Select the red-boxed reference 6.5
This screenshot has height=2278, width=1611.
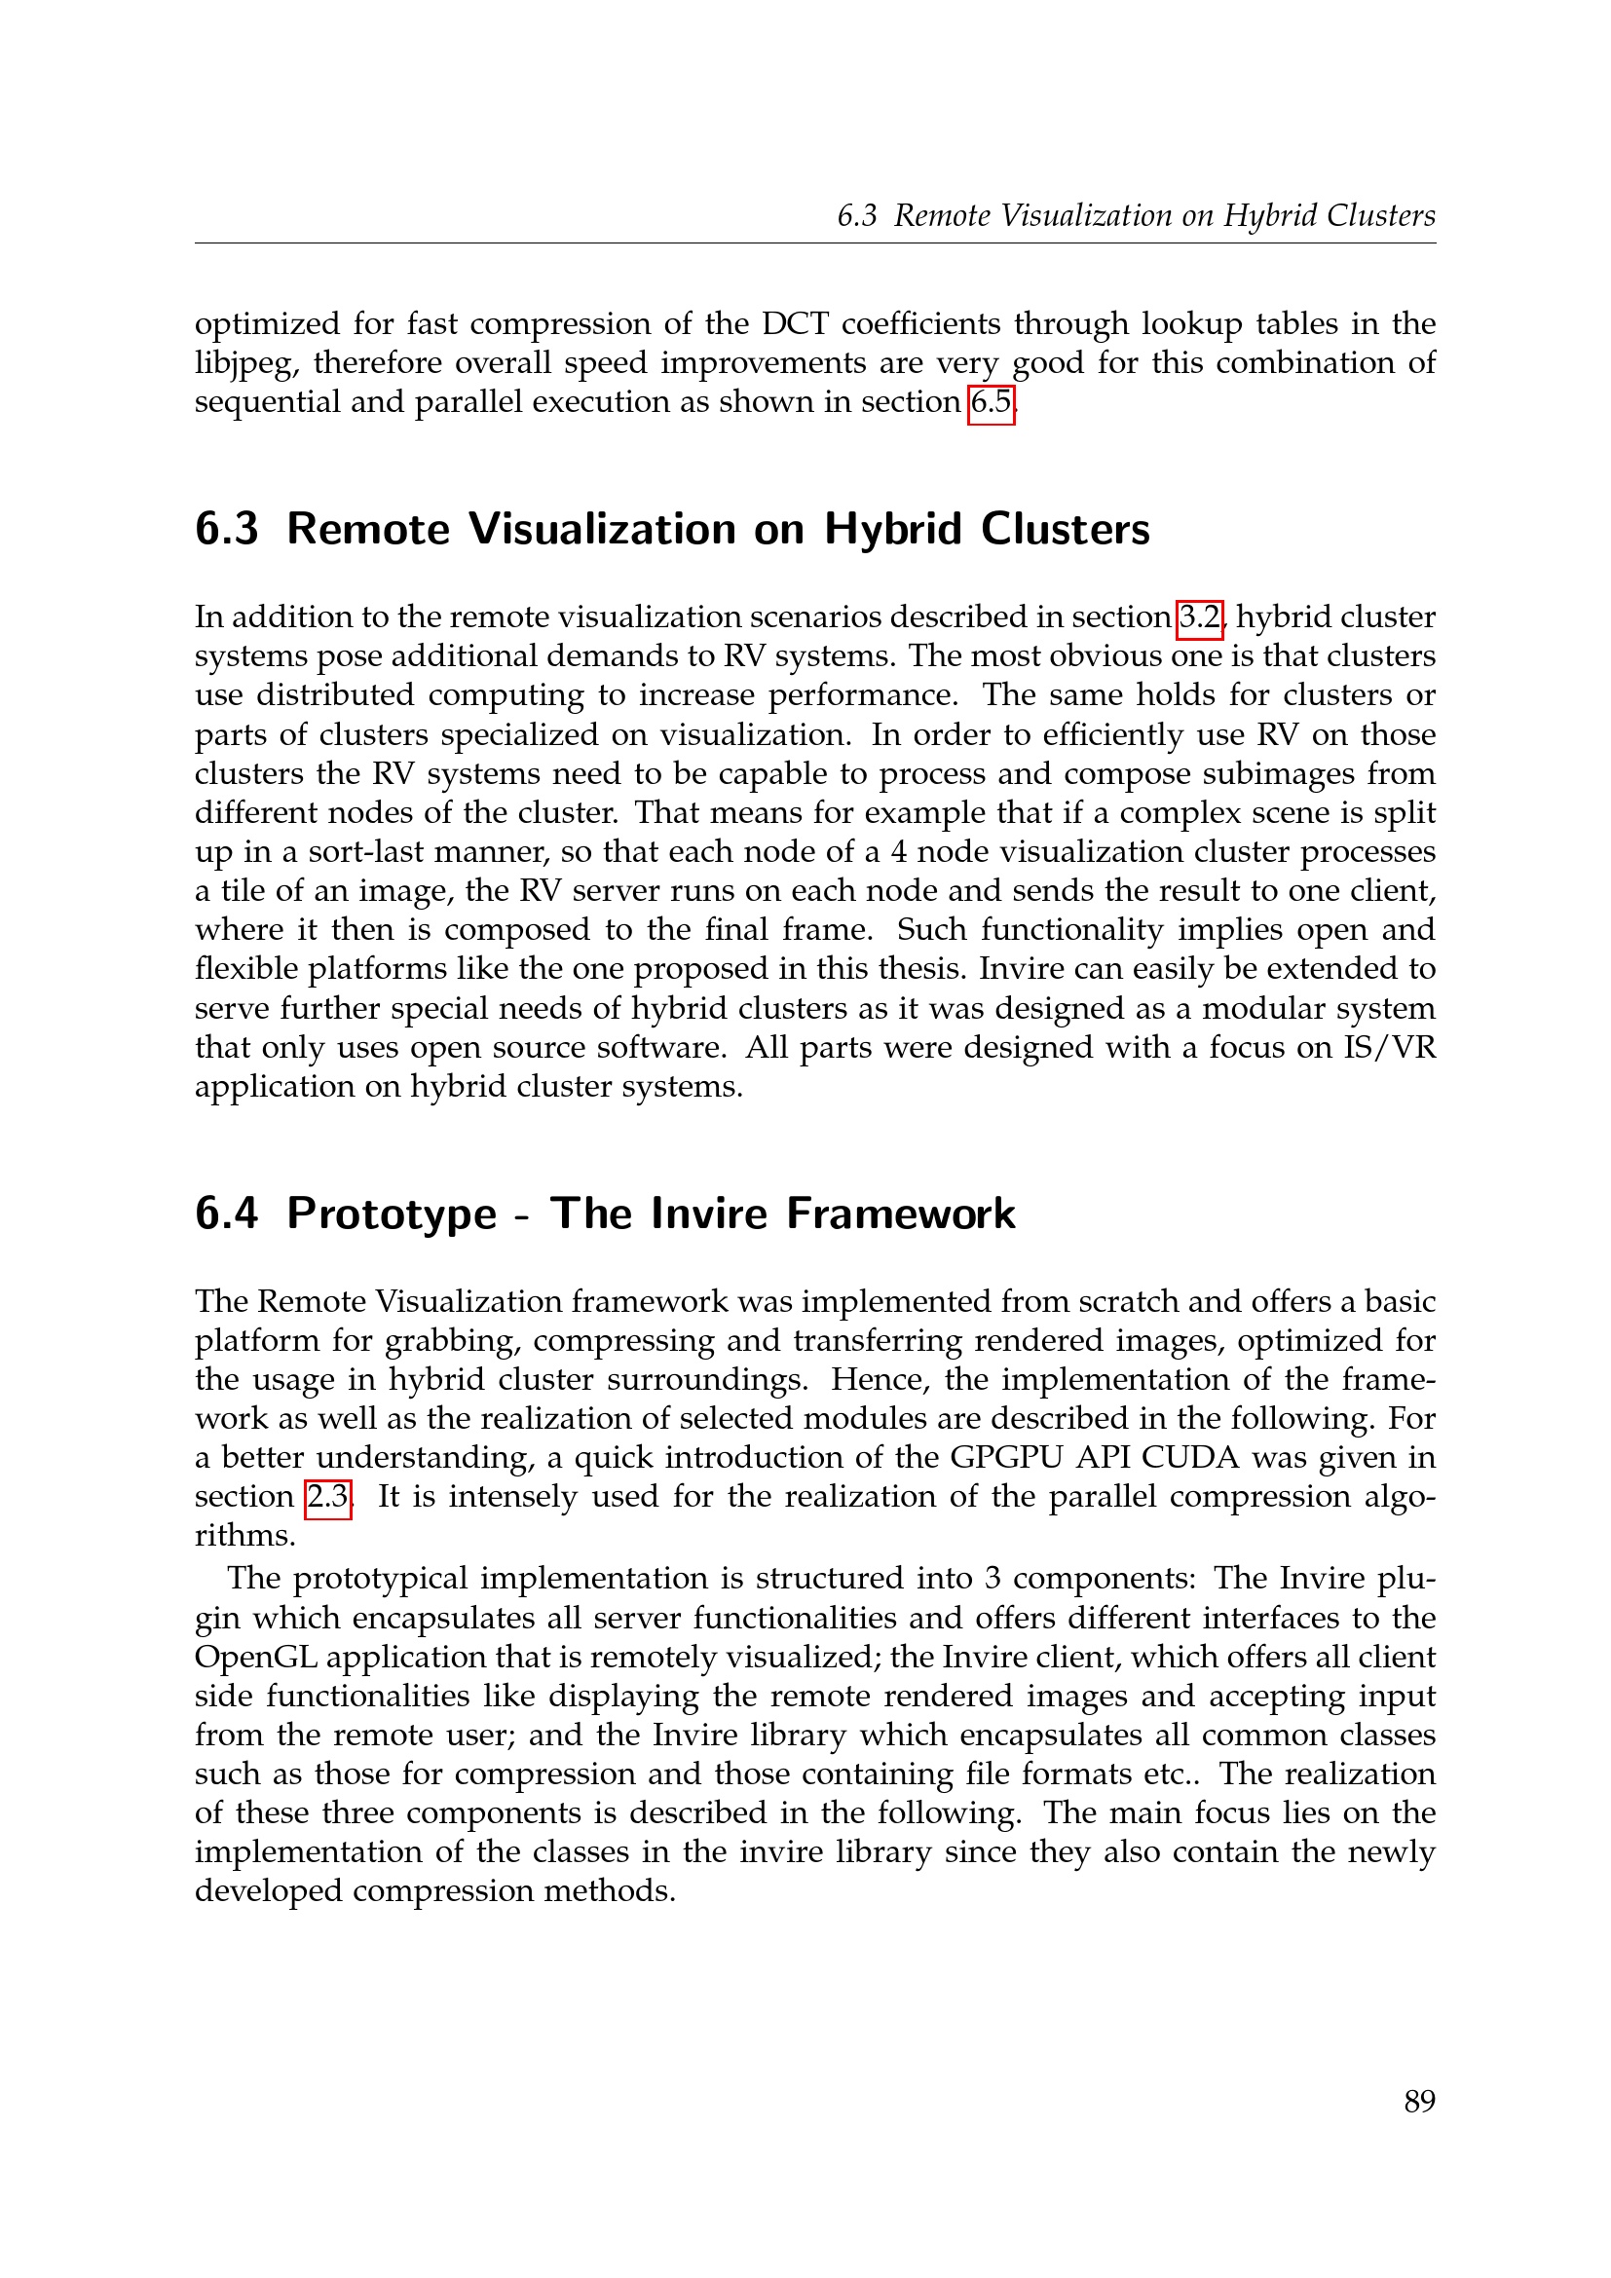pos(991,403)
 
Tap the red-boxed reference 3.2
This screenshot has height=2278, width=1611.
pos(1199,617)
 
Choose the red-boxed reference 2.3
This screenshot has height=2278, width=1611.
pos(327,1496)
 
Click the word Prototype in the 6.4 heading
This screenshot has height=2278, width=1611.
pos(391,1214)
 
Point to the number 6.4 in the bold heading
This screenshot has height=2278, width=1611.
pos(226,1214)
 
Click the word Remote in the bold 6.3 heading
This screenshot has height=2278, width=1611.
pos(368,529)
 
